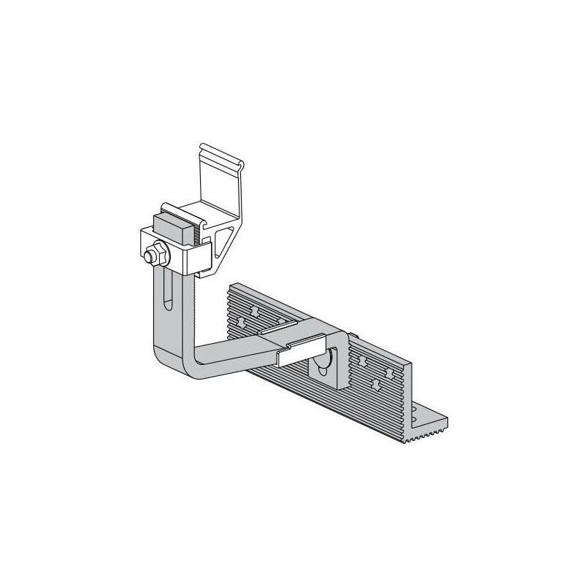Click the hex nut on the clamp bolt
pyautogui.click(x=155, y=255)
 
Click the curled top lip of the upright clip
pyautogui.click(x=223, y=157)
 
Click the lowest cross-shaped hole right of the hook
pyautogui.click(x=375, y=383)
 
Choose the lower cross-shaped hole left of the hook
pyautogui.click(x=241, y=321)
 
